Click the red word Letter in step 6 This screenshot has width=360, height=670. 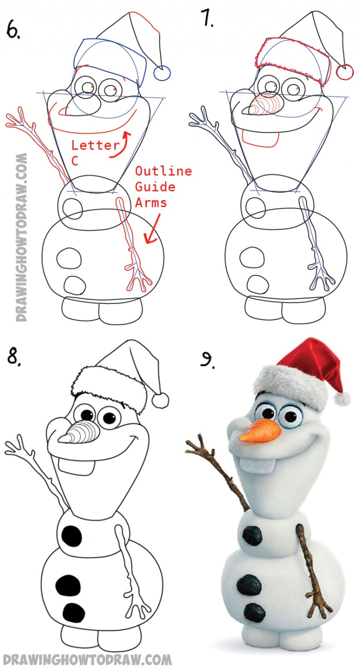(x=95, y=145)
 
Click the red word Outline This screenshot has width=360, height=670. (x=163, y=171)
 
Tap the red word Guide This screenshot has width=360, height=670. (x=155, y=187)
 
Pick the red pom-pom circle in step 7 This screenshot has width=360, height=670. (x=345, y=72)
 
